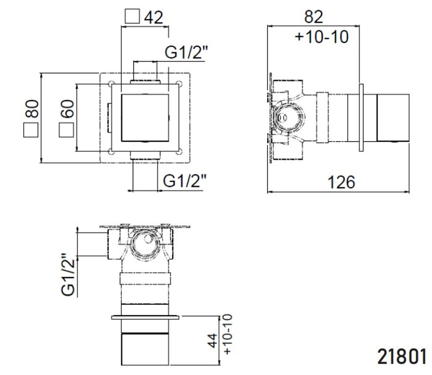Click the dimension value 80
(32, 109)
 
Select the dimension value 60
(67, 109)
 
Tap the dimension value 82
(313, 17)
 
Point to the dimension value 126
(341, 182)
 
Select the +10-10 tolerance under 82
(321, 37)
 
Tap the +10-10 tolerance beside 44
(228, 335)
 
